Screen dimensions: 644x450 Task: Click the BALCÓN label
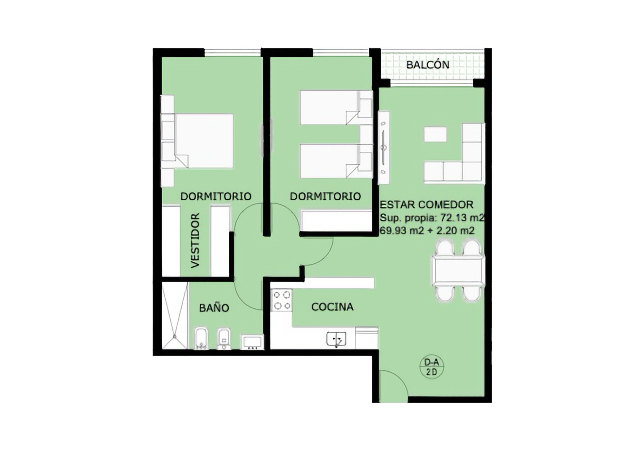(428, 65)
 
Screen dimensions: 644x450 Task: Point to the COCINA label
(332, 307)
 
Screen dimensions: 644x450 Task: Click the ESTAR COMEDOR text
(426, 205)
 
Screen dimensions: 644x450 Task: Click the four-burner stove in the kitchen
(282, 300)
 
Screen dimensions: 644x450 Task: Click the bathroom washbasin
(253, 342)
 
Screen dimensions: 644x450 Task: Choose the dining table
(458, 270)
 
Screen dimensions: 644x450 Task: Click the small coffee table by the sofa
(435, 134)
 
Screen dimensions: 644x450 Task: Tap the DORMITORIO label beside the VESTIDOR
(216, 196)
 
